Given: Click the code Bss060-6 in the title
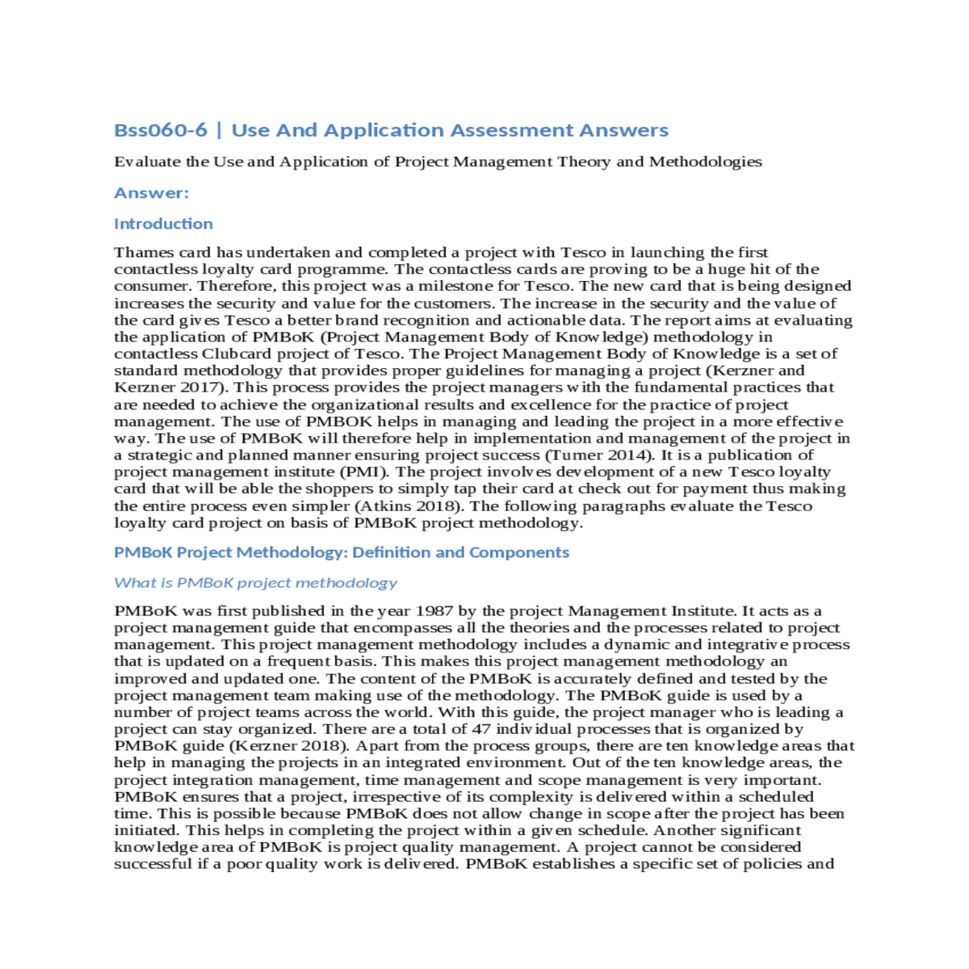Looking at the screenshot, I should (x=161, y=130).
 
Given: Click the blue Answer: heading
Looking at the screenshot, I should (x=151, y=193).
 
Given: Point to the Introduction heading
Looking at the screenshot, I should (x=163, y=224).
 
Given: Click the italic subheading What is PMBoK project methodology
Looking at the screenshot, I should (x=255, y=583).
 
